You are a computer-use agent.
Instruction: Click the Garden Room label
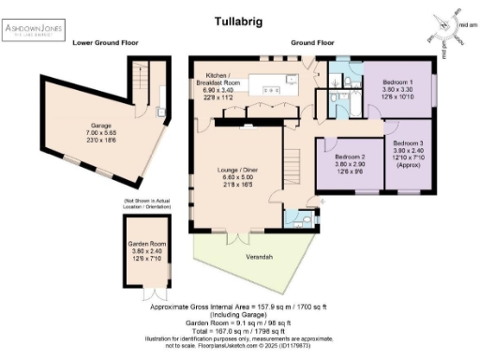[x=145, y=248]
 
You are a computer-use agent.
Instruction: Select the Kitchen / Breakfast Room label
[x=218, y=84]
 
